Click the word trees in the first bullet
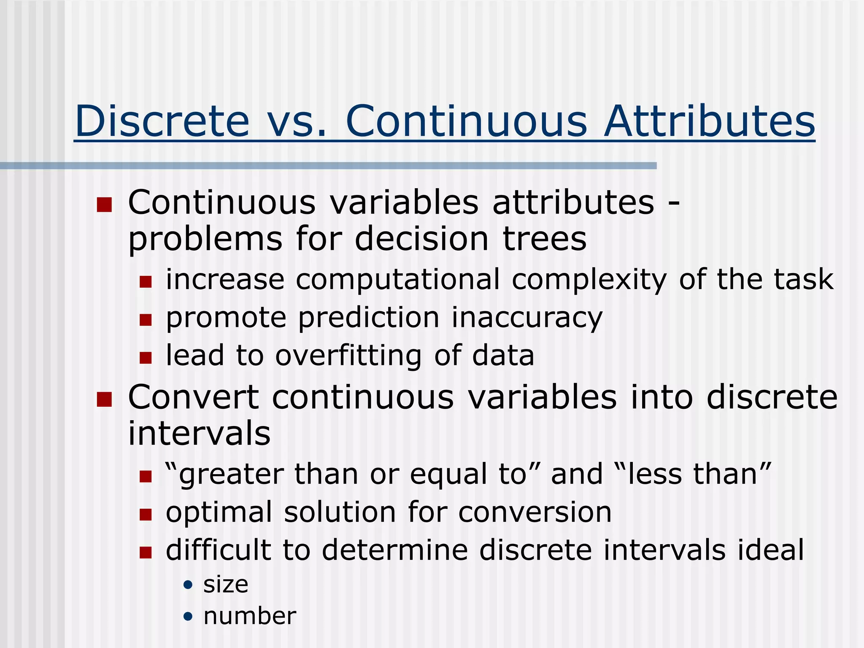pyautogui.click(x=544, y=239)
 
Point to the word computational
pyautogui.click(x=397, y=279)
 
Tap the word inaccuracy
pyautogui.click(x=527, y=318)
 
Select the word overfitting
pyautogui.click(x=348, y=356)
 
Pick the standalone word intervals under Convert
pyautogui.click(x=199, y=434)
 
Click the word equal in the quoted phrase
pyautogui.click(x=448, y=474)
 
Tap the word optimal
pyautogui.click(x=219, y=512)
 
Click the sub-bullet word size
pyautogui.click(x=226, y=585)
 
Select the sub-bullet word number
pyautogui.click(x=250, y=616)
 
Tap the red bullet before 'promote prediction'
pyautogui.click(x=146, y=320)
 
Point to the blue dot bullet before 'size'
pyautogui.click(x=188, y=585)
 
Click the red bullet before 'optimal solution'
pyautogui.click(x=146, y=514)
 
